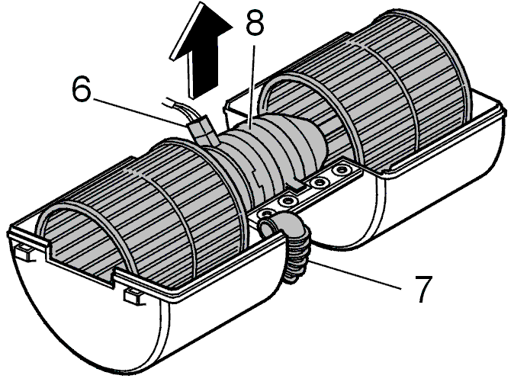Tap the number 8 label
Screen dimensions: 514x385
pyautogui.click(x=255, y=23)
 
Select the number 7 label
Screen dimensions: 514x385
pyautogui.click(x=423, y=289)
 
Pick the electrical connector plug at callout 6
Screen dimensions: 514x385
pyautogui.click(x=203, y=131)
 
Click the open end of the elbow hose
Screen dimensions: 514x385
pyautogui.click(x=268, y=227)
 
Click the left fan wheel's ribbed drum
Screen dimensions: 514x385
pyautogui.click(x=147, y=210)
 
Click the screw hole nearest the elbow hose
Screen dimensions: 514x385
pyautogui.click(x=265, y=214)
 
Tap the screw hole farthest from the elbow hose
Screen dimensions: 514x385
pyautogui.click(x=341, y=170)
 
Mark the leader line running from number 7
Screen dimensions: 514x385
pyautogui.click(x=355, y=275)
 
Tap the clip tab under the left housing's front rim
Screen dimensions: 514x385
pyautogui.click(x=134, y=297)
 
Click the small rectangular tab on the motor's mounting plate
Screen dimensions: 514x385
pyautogui.click(x=296, y=184)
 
